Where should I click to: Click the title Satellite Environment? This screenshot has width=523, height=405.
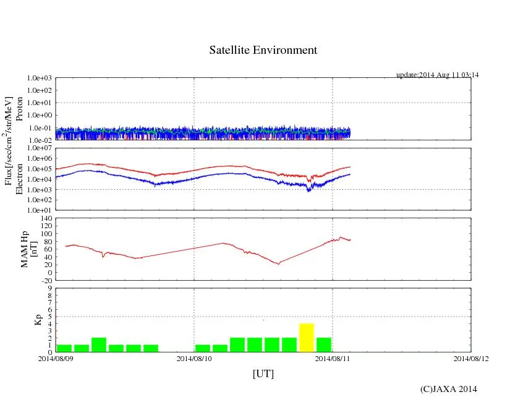click(x=263, y=50)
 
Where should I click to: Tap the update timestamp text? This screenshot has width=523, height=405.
click(x=438, y=75)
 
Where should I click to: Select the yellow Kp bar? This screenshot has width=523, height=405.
click(x=307, y=338)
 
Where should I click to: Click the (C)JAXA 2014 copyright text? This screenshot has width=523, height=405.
click(x=448, y=389)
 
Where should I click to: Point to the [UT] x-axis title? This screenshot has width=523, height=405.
click(x=263, y=373)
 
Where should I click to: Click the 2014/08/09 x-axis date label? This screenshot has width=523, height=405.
click(x=56, y=358)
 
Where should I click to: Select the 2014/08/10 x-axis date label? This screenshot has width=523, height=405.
click(x=194, y=358)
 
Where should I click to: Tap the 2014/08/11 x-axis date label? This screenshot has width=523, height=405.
click(x=333, y=358)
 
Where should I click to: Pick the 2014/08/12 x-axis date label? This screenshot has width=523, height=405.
click(x=471, y=358)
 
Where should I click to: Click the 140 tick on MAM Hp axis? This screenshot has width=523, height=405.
click(x=46, y=218)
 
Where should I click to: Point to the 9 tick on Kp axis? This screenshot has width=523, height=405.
click(x=49, y=288)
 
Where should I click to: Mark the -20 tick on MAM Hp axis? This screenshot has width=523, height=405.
click(x=46, y=280)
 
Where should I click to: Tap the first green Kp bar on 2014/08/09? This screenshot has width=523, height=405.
click(x=64, y=348)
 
